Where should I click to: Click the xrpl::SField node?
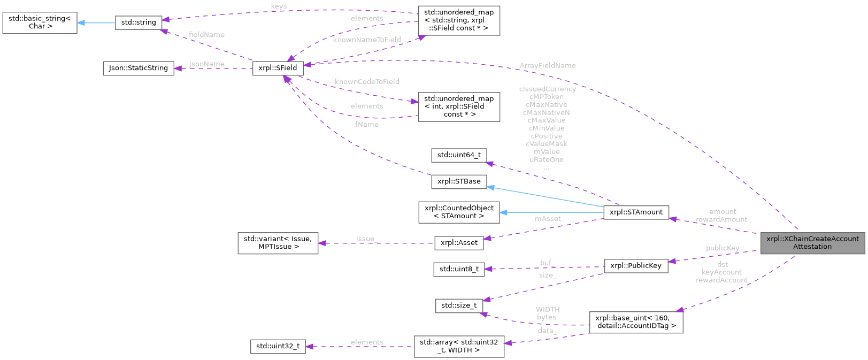[x=278, y=68]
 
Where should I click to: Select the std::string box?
[x=139, y=22]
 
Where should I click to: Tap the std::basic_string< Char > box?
[x=40, y=22]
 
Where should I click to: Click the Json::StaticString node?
[x=138, y=68]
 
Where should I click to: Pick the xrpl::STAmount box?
[x=636, y=212]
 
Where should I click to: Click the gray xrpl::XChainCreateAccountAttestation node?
[x=812, y=242]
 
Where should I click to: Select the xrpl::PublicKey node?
[x=636, y=265]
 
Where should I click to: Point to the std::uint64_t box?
[x=459, y=155]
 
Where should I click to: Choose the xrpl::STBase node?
[x=459, y=181]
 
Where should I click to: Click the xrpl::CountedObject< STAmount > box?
[x=459, y=212]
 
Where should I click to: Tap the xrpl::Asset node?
[x=459, y=242]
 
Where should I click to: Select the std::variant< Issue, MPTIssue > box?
[x=278, y=242]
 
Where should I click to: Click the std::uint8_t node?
[x=459, y=269]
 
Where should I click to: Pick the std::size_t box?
[x=459, y=305]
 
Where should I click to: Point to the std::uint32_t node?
[x=278, y=346]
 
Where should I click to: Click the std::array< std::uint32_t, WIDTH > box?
[x=459, y=346]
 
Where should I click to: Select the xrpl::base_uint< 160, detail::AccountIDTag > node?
[x=636, y=321]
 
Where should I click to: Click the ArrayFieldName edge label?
[x=547, y=65]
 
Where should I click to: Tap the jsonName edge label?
[x=207, y=64]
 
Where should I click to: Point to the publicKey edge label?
[x=722, y=248]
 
